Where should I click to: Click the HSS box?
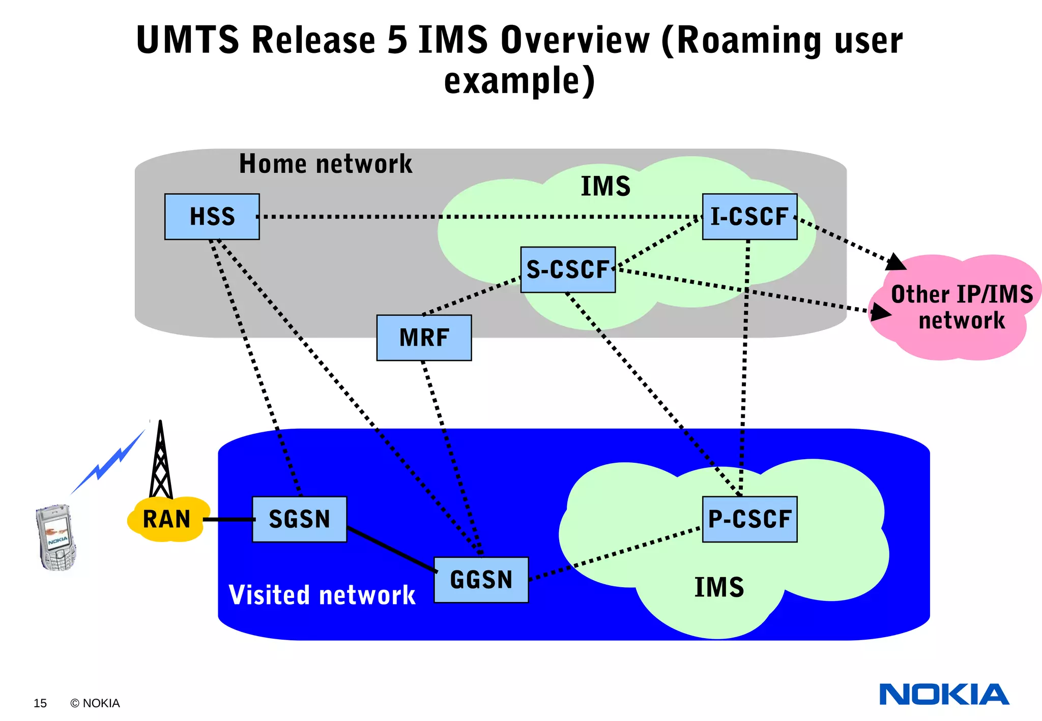[x=212, y=217]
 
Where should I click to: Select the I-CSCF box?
[x=749, y=217]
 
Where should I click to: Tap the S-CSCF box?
[x=568, y=270]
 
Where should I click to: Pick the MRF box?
[x=424, y=338]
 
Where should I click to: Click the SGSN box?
[x=299, y=519]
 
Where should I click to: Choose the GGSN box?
[x=481, y=580]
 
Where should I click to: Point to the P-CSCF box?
[x=749, y=519]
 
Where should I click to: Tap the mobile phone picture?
[x=56, y=537]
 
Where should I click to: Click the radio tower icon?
[x=161, y=463]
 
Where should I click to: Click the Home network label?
[x=326, y=164]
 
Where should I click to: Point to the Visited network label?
[x=322, y=595]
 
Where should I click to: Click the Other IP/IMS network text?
[x=961, y=307]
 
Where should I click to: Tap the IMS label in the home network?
[x=605, y=186]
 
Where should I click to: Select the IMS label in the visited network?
[x=719, y=587]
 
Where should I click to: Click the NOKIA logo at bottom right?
[x=944, y=695]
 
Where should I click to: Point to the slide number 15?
[x=40, y=703]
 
